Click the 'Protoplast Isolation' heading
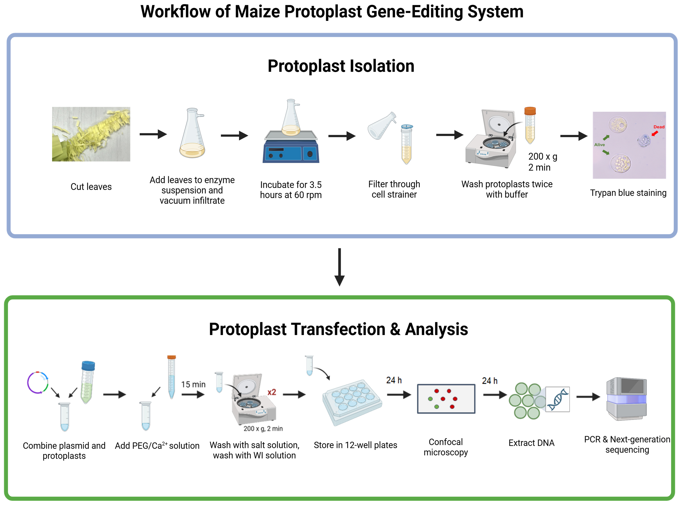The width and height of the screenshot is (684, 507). (x=341, y=66)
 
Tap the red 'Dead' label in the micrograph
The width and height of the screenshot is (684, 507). (x=659, y=127)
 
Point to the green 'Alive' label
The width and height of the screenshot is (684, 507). (x=599, y=145)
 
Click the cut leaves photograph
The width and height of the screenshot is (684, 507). (x=91, y=134)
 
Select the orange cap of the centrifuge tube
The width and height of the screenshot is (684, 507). (x=530, y=111)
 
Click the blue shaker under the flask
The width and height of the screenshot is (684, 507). (x=291, y=150)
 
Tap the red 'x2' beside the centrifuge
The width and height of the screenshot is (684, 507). (x=272, y=392)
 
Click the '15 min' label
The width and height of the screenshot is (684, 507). (x=193, y=384)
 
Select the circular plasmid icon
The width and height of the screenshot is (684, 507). (x=37, y=382)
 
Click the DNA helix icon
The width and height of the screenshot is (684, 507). (x=557, y=399)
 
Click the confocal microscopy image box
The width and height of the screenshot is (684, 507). (x=446, y=398)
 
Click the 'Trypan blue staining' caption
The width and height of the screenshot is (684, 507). (x=628, y=193)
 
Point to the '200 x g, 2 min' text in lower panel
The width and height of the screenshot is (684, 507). (x=263, y=428)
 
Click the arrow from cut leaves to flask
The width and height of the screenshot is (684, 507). (x=153, y=134)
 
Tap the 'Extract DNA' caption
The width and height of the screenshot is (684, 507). (x=531, y=443)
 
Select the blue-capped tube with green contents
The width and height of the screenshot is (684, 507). (x=88, y=382)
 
